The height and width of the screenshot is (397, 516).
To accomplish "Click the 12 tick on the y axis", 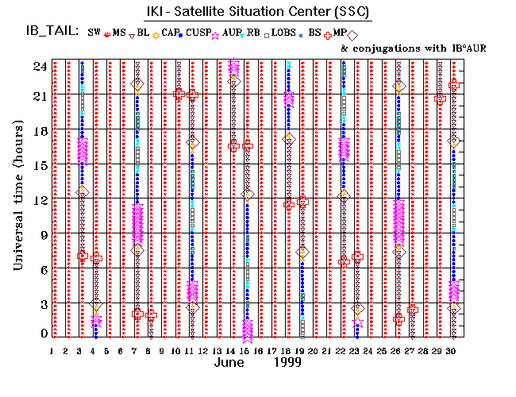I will (x=40, y=198).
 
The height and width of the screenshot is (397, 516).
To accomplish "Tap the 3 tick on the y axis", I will (x=42, y=304).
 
